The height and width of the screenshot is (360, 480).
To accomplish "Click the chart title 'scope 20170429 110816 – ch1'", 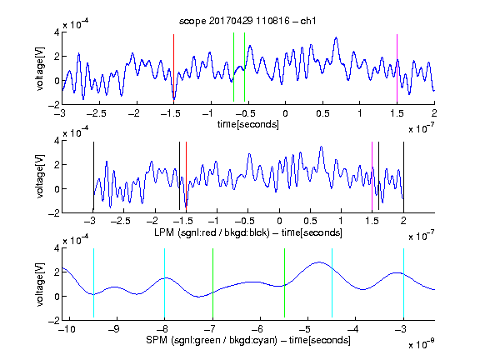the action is point(247,21).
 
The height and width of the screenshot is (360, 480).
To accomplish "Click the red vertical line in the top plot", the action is point(173,67).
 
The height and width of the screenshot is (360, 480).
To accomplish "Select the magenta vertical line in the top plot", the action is point(397,67).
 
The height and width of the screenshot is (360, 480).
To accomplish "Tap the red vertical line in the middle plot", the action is point(186,176).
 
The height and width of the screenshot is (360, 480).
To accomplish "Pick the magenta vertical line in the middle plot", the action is point(372,177).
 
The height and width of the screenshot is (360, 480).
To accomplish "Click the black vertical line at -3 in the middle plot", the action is point(93,176).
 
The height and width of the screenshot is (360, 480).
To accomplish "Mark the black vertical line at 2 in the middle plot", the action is point(403,176).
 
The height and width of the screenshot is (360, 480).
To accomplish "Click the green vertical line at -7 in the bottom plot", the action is point(212,282).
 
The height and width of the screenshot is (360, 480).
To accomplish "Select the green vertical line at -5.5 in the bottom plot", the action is point(284,282).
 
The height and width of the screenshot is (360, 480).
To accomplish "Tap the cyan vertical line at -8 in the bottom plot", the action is point(165,282).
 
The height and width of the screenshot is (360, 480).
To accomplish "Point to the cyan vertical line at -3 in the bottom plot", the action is point(403,282).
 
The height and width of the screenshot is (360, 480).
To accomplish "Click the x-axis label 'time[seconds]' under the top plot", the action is point(248,124).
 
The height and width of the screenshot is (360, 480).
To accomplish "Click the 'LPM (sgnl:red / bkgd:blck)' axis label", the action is point(212,232).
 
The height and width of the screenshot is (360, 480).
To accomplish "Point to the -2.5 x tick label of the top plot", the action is point(96,113).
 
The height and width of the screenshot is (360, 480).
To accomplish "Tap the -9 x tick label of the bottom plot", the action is point(114,329).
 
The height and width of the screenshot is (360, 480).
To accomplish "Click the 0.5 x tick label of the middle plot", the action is point(310,221).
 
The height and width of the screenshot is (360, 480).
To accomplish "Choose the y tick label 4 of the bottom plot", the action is point(57,248).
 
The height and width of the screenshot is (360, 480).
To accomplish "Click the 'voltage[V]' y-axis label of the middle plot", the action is point(40,177).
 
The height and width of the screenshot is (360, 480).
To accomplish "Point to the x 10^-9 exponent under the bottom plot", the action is point(421,344).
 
